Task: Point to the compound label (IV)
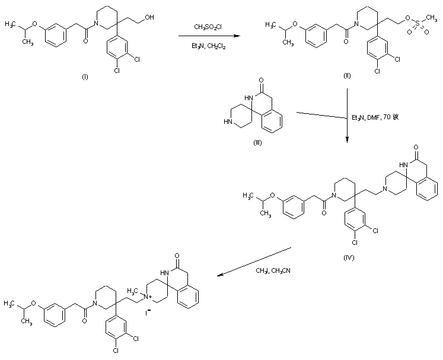click(349, 259)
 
